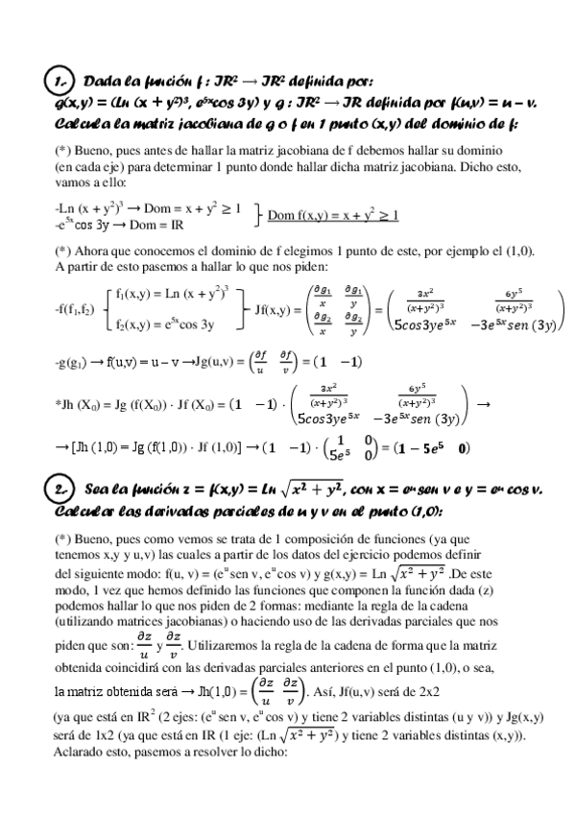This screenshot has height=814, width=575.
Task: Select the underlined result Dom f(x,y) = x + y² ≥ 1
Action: coord(332,214)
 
